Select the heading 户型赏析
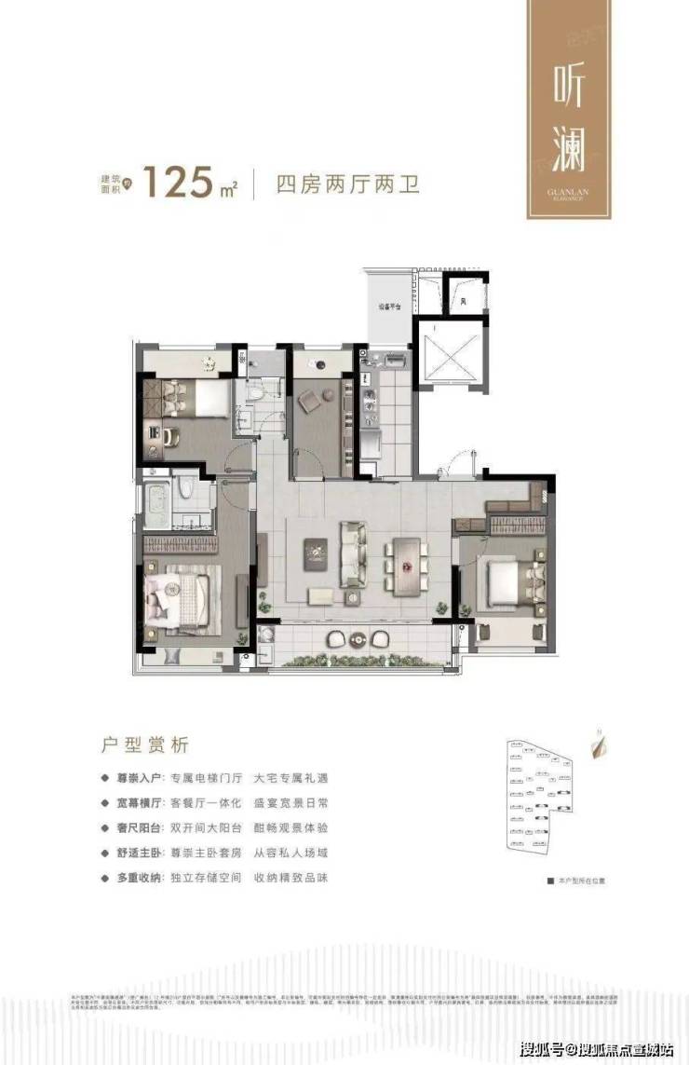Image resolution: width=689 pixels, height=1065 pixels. point(144,744)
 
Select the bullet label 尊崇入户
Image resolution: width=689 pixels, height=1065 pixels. point(138,777)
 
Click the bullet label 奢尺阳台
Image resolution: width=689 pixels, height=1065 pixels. point(138,827)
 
